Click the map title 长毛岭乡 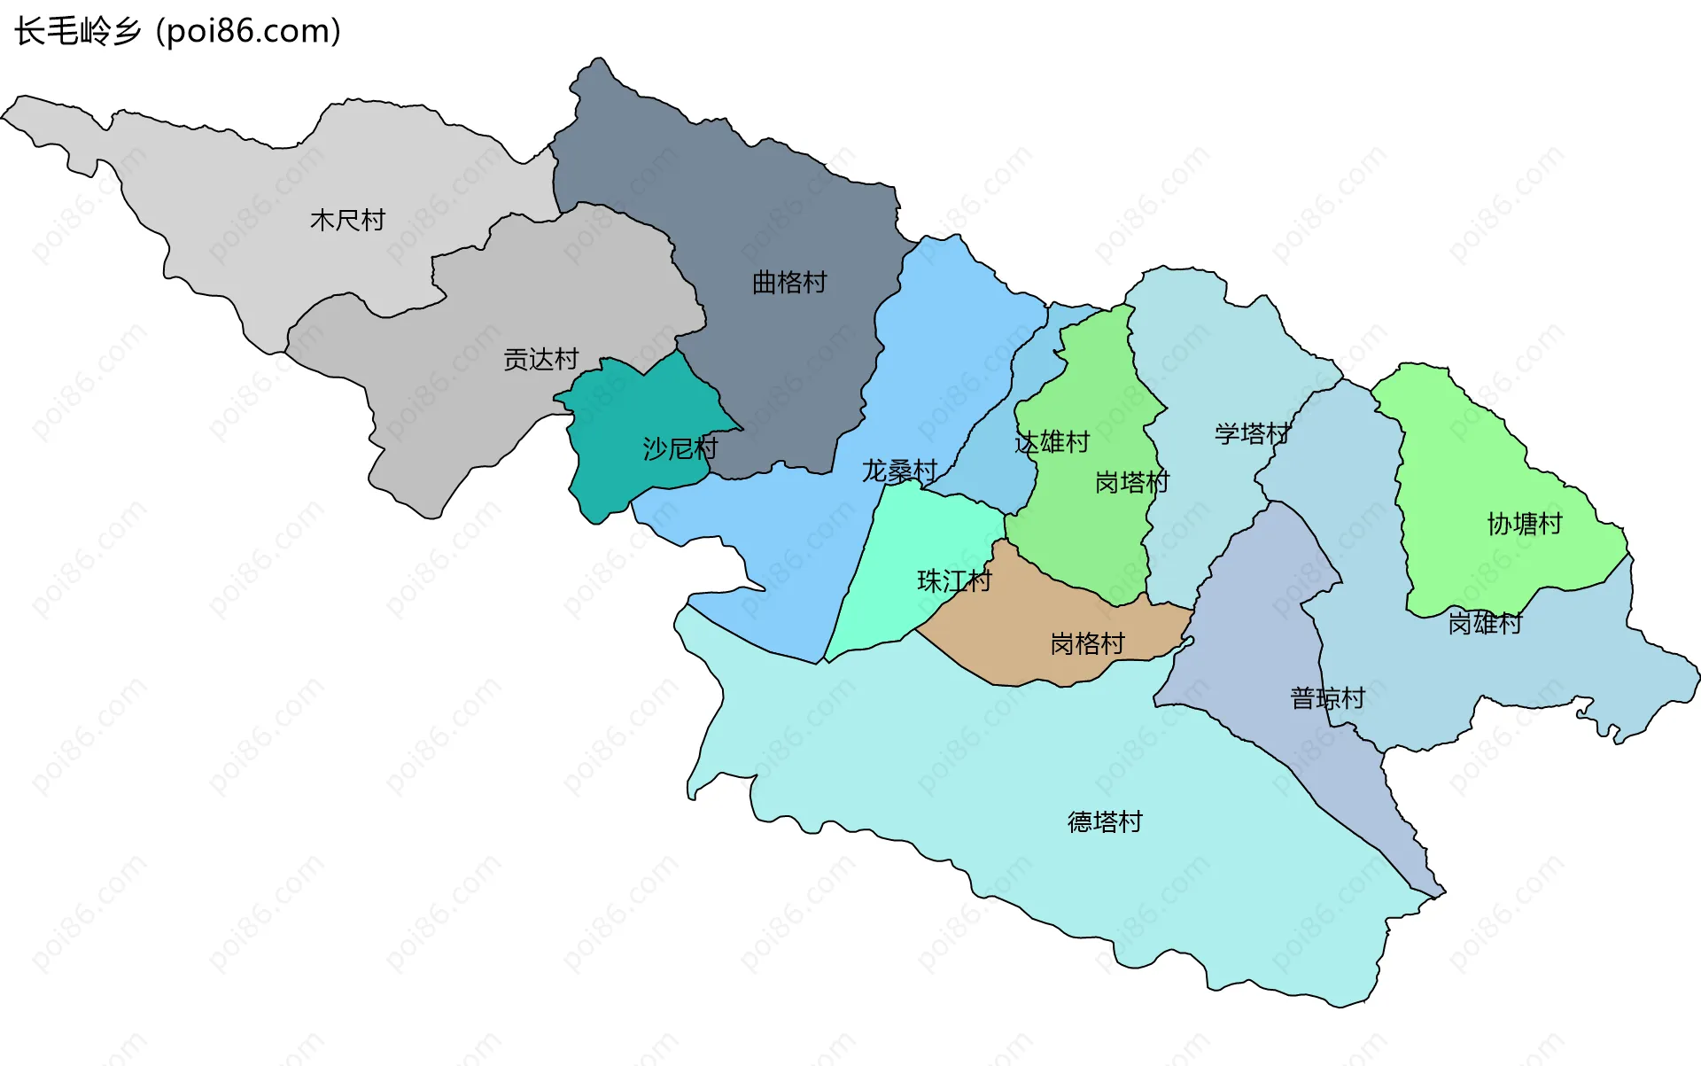click(x=78, y=31)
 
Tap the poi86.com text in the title click(x=248, y=31)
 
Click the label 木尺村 click(x=347, y=220)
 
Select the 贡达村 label click(x=540, y=359)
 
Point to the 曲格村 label click(x=788, y=283)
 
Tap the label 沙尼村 click(x=680, y=448)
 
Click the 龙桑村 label click(x=899, y=471)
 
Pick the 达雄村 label click(x=1052, y=441)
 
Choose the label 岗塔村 click(x=1132, y=482)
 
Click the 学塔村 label click(x=1252, y=433)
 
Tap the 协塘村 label click(x=1524, y=524)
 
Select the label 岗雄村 click(x=1485, y=623)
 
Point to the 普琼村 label click(x=1327, y=698)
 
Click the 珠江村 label click(x=954, y=580)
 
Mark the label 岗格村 click(x=1087, y=643)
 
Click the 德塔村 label click(x=1105, y=821)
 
